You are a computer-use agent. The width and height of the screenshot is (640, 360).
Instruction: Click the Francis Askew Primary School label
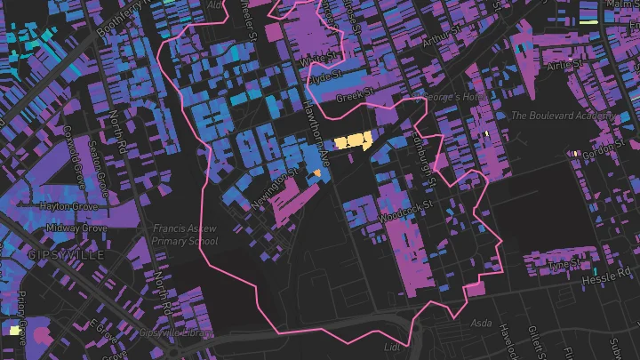click(x=185, y=234)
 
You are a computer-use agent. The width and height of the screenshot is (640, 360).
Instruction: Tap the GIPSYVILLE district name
click(x=67, y=255)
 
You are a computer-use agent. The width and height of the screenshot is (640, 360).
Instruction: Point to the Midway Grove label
click(x=77, y=228)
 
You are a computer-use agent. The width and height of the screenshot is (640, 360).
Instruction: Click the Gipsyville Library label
click(x=176, y=332)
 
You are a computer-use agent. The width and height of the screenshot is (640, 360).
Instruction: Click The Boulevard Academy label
click(x=563, y=116)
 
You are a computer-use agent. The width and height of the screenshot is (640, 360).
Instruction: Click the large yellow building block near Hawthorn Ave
click(x=353, y=140)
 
